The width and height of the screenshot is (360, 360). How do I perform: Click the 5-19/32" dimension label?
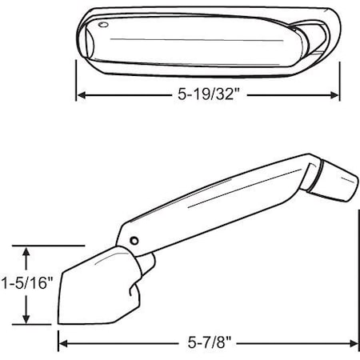pos(210,94)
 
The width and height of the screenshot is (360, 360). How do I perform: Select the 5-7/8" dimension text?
pos(207,345)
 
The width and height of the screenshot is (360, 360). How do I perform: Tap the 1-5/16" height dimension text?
pos(26,283)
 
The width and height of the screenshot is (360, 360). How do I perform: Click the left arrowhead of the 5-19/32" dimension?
pos(82,94)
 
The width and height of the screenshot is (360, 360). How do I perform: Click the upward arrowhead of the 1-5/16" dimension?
pos(27,251)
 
